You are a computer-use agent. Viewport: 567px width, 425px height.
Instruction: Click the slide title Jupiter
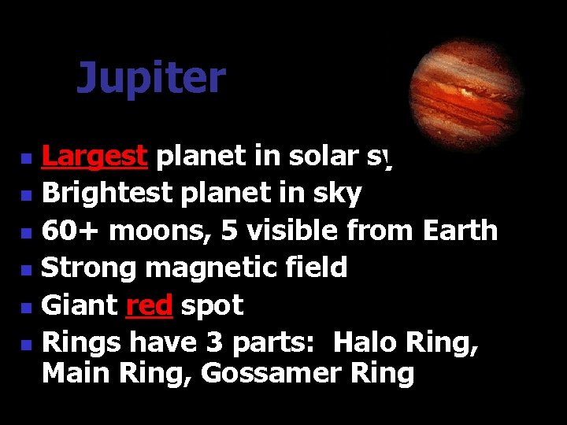(150, 79)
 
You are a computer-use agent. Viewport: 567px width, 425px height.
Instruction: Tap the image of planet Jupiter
(466, 89)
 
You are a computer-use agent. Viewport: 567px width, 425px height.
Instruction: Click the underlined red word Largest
(94, 157)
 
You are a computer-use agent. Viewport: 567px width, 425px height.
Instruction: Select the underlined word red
(149, 305)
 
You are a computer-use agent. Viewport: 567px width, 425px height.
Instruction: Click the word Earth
(460, 231)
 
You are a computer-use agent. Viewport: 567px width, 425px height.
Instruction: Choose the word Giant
(79, 305)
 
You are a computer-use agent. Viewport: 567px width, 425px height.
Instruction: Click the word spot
(212, 306)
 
